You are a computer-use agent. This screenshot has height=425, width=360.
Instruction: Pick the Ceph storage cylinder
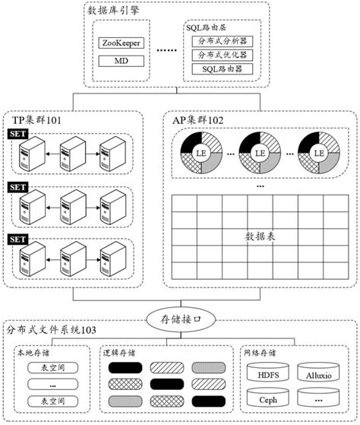269,399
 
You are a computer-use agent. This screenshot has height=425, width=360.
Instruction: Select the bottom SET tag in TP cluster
17,239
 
